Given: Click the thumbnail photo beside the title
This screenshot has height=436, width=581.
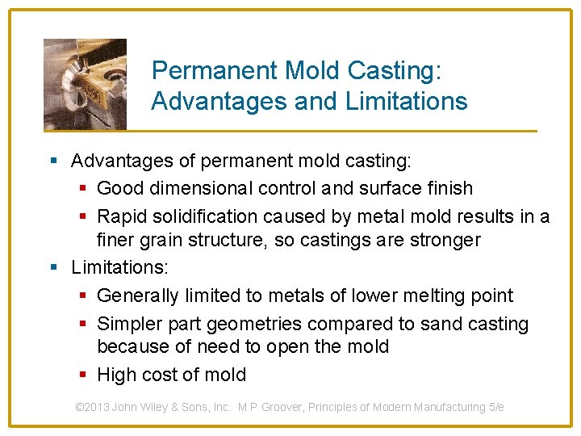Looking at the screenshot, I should [x=85, y=84].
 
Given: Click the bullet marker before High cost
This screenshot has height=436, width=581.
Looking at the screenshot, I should [x=85, y=375].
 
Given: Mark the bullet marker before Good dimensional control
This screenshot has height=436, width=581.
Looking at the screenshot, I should [x=85, y=188].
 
